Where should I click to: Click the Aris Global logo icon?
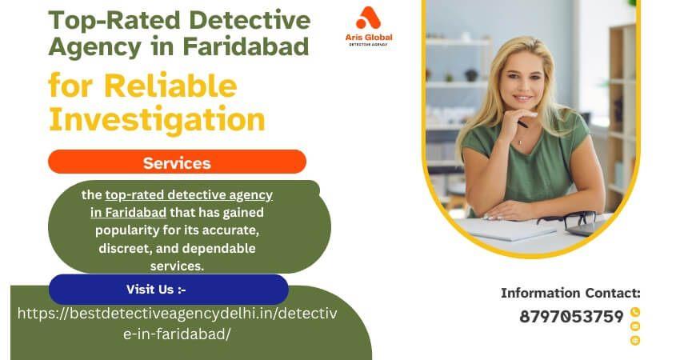370,18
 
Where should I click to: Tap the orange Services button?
177,162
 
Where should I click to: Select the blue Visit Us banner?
168,289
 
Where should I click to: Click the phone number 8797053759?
571,317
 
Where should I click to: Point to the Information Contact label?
570,294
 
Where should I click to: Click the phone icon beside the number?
635,312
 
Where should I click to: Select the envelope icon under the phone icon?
635,326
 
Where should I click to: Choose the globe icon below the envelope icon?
635,340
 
